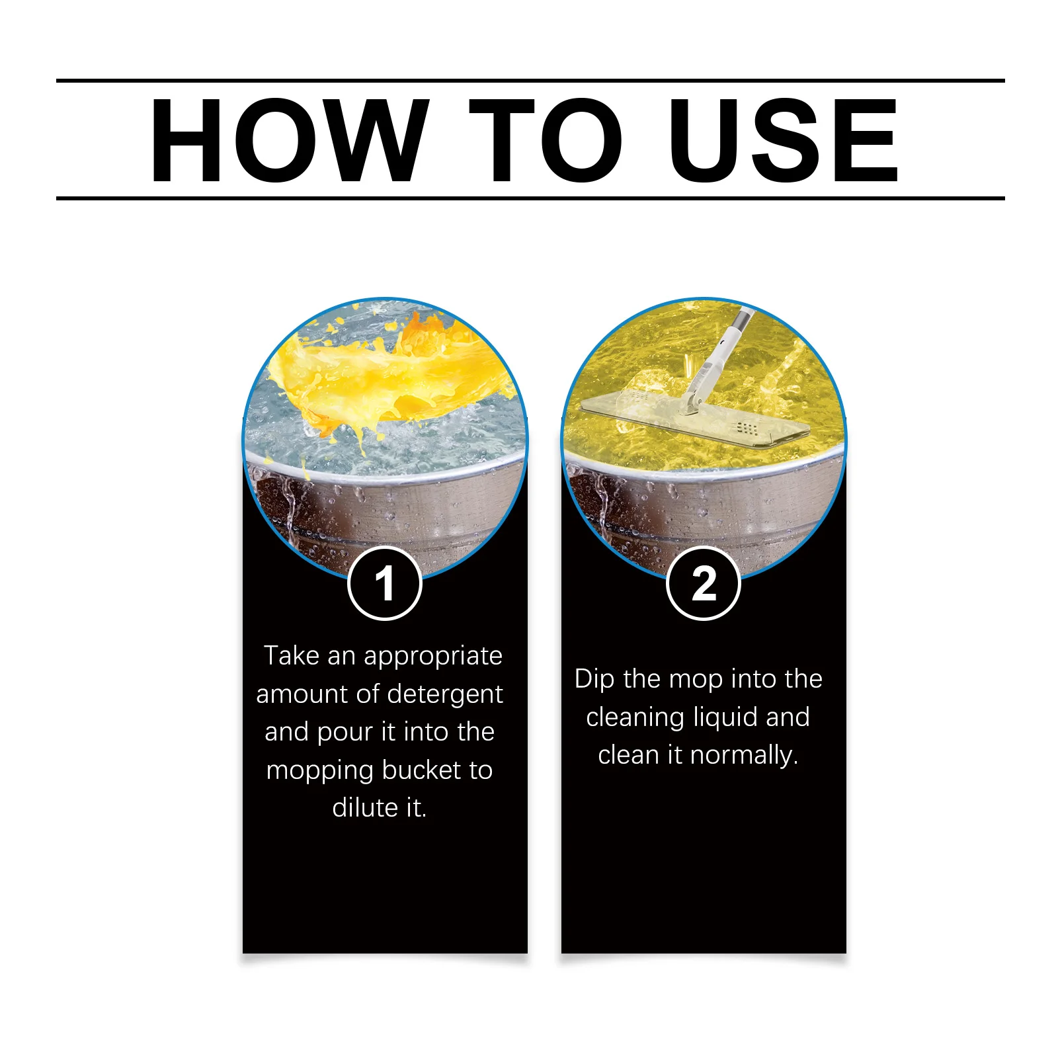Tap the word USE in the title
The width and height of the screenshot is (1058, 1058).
783,140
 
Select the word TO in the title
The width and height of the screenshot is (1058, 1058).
546,140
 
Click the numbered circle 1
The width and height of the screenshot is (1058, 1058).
385,583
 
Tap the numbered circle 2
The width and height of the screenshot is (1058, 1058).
704,583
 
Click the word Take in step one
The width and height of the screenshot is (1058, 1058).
292,655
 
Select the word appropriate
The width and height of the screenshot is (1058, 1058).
433,657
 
